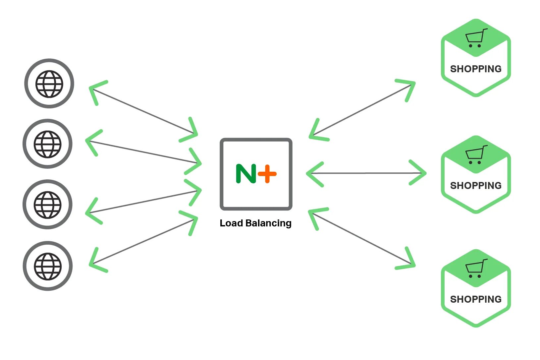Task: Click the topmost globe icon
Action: click(x=49, y=84)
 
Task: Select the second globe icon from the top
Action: click(x=47, y=144)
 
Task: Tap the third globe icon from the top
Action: click(x=47, y=204)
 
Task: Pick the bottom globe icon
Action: click(x=48, y=266)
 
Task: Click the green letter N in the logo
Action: click(x=246, y=173)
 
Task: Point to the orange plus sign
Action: click(x=267, y=173)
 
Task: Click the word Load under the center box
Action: click(x=231, y=223)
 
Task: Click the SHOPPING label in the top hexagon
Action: click(x=476, y=69)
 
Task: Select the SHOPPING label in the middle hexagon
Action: click(x=476, y=186)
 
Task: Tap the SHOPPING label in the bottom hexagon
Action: click(x=476, y=299)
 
